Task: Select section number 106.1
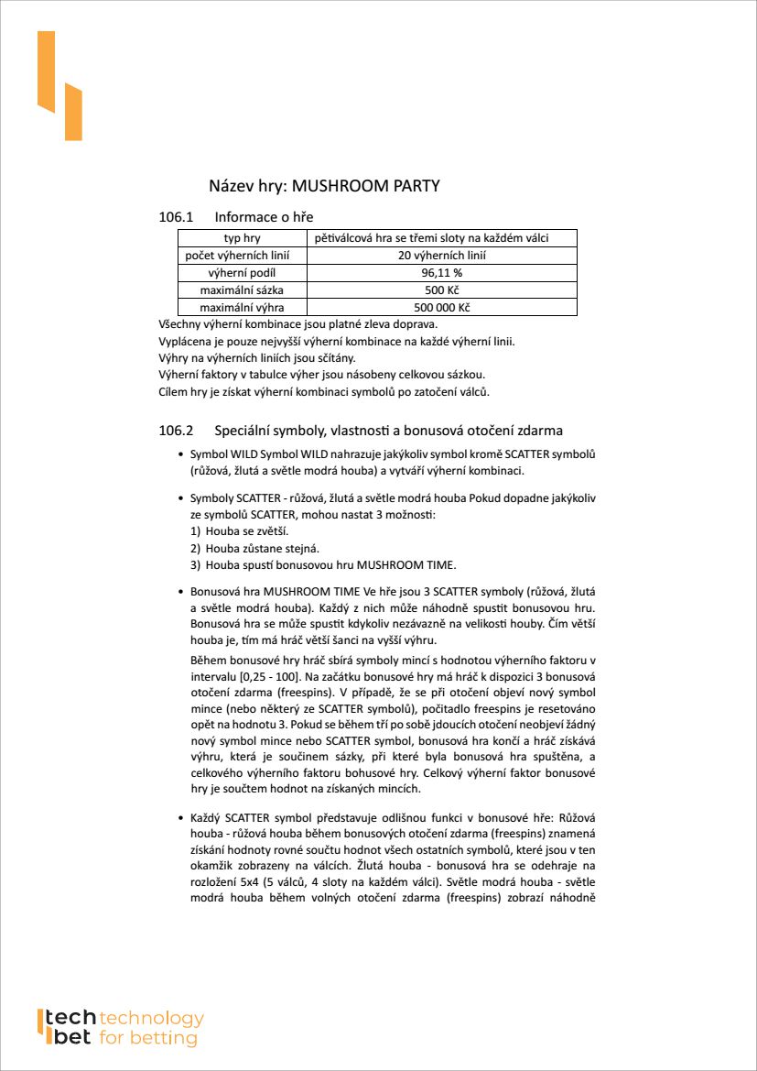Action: coord(177,217)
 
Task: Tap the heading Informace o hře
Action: coord(264,217)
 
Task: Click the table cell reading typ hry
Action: coord(243,238)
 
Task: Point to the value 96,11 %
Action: coord(441,273)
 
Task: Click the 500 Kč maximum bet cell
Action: coord(441,290)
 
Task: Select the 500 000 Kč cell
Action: coord(441,308)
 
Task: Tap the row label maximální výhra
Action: coord(243,308)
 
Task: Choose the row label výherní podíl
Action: coord(243,273)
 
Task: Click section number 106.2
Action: coord(177,430)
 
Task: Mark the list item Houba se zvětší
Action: coord(246,531)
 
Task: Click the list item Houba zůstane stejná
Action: coord(261,548)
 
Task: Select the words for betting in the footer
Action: coord(147,1038)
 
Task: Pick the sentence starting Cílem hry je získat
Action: coord(324,392)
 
